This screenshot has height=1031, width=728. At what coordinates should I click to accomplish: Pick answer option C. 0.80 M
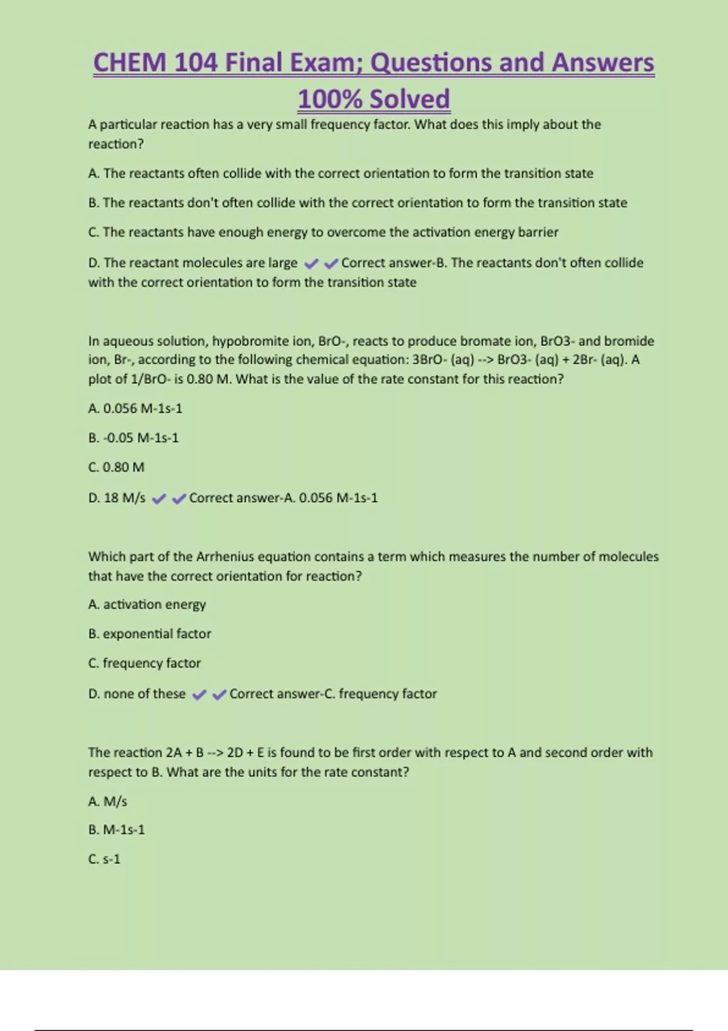click(116, 468)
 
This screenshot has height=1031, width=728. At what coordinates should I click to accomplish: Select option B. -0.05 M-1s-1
click(133, 438)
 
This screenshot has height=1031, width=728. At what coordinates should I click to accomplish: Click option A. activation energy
click(147, 605)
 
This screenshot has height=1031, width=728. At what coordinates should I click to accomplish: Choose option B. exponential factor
click(150, 634)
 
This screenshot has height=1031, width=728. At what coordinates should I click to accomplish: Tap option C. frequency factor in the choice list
click(144, 663)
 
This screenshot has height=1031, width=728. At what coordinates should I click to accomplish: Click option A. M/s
click(107, 802)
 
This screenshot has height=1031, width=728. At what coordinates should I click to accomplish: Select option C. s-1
click(104, 859)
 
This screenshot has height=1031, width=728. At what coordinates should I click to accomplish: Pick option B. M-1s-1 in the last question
click(116, 830)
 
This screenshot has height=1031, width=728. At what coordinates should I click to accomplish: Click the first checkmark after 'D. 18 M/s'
click(159, 499)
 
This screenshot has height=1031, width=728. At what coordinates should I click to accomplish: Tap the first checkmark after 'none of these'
click(199, 695)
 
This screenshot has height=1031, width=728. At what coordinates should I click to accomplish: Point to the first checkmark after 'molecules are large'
click(311, 264)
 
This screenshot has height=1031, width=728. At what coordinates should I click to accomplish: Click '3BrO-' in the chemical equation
click(430, 360)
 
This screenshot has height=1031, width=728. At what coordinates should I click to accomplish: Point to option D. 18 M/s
click(116, 498)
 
